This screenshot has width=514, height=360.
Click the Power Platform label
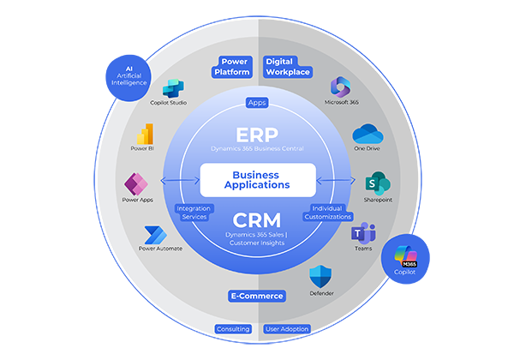[235, 67]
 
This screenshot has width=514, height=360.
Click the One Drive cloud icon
[366, 135]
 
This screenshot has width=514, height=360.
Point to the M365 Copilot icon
[404, 255]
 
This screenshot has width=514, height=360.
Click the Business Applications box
[256, 178]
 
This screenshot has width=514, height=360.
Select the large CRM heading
[257, 219]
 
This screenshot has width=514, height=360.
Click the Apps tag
[257, 102]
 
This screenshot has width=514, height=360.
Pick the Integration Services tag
[193, 213]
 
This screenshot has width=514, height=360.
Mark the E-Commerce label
[256, 296]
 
